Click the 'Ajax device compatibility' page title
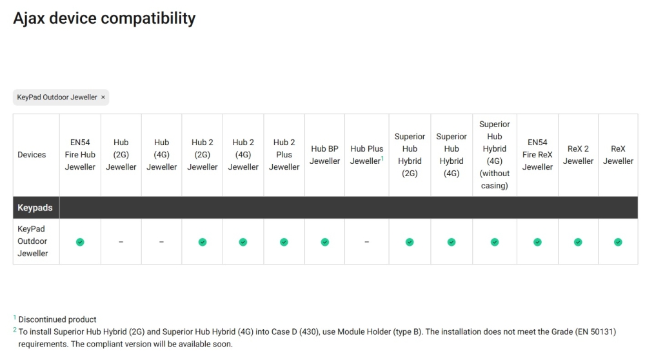[x=104, y=18]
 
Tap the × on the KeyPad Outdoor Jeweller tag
[x=103, y=97]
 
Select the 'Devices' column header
[x=32, y=155]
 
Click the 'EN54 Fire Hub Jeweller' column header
[x=80, y=155]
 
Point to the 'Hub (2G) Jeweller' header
[x=121, y=155]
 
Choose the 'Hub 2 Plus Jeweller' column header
[x=284, y=155]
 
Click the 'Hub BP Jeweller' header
[x=324, y=155]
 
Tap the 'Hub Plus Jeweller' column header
[x=366, y=155]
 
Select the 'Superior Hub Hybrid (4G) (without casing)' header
[x=495, y=155]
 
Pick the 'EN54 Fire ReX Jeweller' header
[x=537, y=155]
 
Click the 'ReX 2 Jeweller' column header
[x=578, y=155]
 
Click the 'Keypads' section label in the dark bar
[x=35, y=208]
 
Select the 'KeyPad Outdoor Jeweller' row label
[x=33, y=241]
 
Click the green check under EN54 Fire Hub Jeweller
[x=80, y=242]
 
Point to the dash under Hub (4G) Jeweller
[x=161, y=242]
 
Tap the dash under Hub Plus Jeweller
[x=366, y=242]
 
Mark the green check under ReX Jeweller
[x=618, y=242]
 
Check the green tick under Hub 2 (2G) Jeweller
[x=203, y=242]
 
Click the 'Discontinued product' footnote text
[x=57, y=319]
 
